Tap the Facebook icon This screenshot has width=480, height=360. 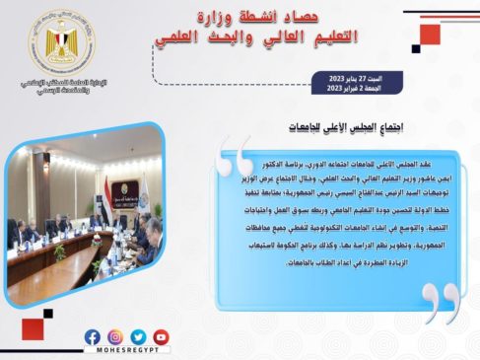click(93, 337)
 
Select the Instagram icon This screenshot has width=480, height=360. click(115, 337)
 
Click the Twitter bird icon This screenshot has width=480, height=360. click(138, 337)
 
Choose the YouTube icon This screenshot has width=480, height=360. click(161, 337)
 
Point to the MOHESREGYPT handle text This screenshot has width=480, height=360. click(127, 352)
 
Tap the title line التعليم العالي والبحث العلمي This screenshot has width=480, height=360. click(252, 37)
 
